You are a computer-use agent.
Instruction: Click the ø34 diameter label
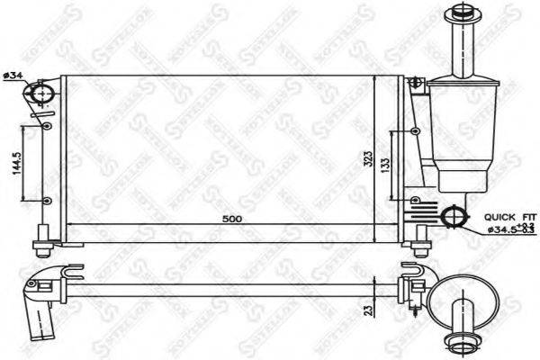click(x=12, y=75)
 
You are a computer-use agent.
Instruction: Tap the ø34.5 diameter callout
click(x=500, y=229)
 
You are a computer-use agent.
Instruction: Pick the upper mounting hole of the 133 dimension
click(x=414, y=132)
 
